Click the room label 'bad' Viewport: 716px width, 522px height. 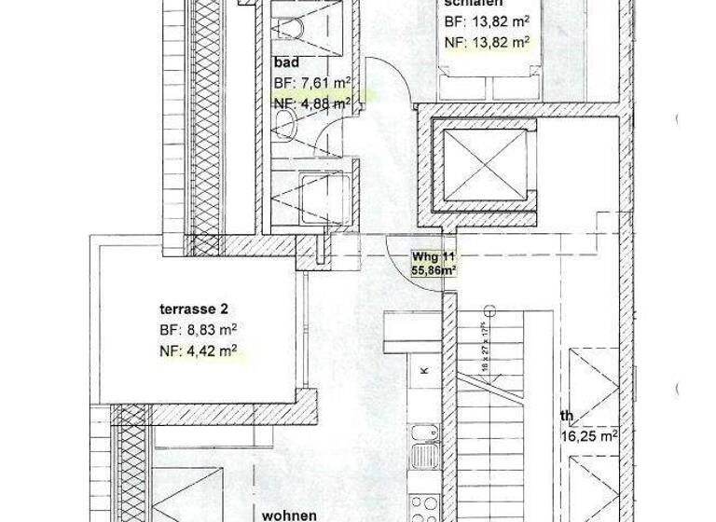(285, 63)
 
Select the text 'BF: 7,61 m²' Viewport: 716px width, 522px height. (311, 83)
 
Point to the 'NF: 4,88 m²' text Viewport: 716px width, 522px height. (312, 103)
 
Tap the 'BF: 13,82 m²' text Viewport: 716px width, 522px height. (487, 21)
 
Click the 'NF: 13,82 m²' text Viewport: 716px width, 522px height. (487, 41)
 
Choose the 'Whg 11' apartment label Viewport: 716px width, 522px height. (433, 256)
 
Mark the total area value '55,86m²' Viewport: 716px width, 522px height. (434, 271)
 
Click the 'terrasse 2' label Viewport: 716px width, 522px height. (193, 309)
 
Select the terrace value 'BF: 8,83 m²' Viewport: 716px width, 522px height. (197, 330)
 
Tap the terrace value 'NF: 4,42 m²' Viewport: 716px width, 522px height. (197, 350)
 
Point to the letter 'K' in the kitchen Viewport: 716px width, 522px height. (424, 371)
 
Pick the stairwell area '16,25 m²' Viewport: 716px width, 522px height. (589, 435)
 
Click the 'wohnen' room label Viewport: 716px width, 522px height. (290, 514)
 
